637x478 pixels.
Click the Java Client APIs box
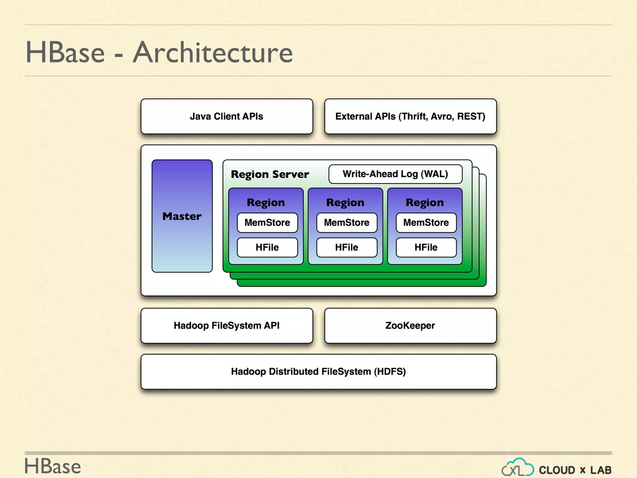point(226,116)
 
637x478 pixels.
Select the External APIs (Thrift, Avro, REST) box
point(410,116)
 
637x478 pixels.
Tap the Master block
point(182,216)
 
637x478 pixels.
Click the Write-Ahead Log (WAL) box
point(395,174)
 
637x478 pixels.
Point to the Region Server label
point(270,174)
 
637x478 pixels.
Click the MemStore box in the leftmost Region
point(267,223)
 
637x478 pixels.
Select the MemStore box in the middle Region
point(346,223)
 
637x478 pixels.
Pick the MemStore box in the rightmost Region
point(426,223)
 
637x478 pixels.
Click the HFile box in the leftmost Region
point(267,247)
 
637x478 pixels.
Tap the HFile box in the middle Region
point(346,247)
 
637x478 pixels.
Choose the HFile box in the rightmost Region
point(426,247)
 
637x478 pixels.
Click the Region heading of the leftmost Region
point(266,203)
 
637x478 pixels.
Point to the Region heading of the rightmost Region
point(425,203)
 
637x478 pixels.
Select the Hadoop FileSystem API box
point(226,326)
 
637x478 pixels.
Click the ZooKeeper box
point(410,326)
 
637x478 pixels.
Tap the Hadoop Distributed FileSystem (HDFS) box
point(318,372)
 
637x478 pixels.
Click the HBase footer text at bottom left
point(53,466)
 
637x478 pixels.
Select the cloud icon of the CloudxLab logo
point(518,467)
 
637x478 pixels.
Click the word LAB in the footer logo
point(601,470)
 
